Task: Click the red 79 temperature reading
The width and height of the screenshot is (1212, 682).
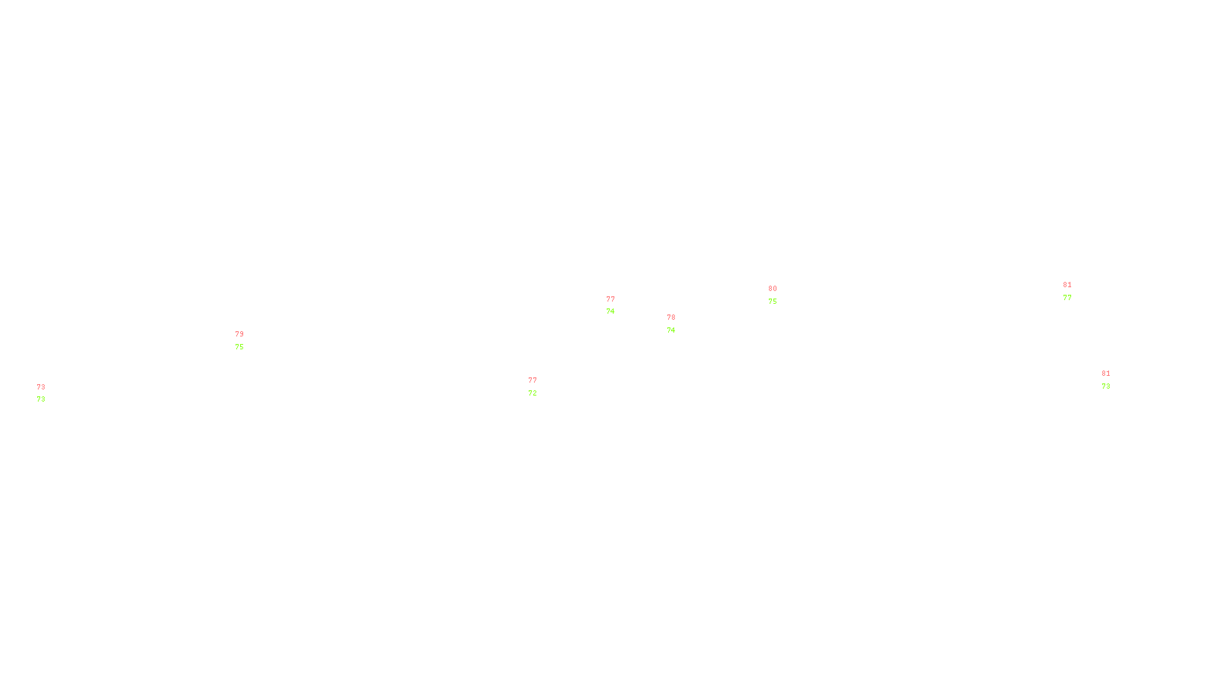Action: click(x=239, y=334)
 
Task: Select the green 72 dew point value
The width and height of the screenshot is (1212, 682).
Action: click(x=533, y=393)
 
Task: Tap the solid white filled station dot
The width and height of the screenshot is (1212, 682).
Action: click(x=540, y=386)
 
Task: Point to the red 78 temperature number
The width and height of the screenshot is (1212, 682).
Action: click(x=671, y=318)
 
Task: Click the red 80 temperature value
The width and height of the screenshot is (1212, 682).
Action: click(x=773, y=289)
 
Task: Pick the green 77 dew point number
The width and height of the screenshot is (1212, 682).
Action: click(x=1067, y=298)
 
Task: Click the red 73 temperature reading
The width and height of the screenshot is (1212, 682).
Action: click(x=41, y=387)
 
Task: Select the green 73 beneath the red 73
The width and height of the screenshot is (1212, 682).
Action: click(x=41, y=399)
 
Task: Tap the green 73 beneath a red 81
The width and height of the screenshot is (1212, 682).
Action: click(x=1106, y=386)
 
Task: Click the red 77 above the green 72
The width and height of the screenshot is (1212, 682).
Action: click(x=533, y=380)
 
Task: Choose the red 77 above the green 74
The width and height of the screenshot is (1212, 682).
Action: click(x=611, y=299)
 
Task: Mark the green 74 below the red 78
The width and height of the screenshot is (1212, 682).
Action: click(x=671, y=330)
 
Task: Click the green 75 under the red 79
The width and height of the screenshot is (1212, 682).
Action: click(x=239, y=347)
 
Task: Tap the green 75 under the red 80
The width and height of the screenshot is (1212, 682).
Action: click(x=773, y=302)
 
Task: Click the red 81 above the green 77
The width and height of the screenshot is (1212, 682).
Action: click(x=1067, y=285)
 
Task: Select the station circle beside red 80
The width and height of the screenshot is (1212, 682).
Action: click(x=780, y=295)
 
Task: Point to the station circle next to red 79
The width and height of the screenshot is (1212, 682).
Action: click(x=246, y=340)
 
